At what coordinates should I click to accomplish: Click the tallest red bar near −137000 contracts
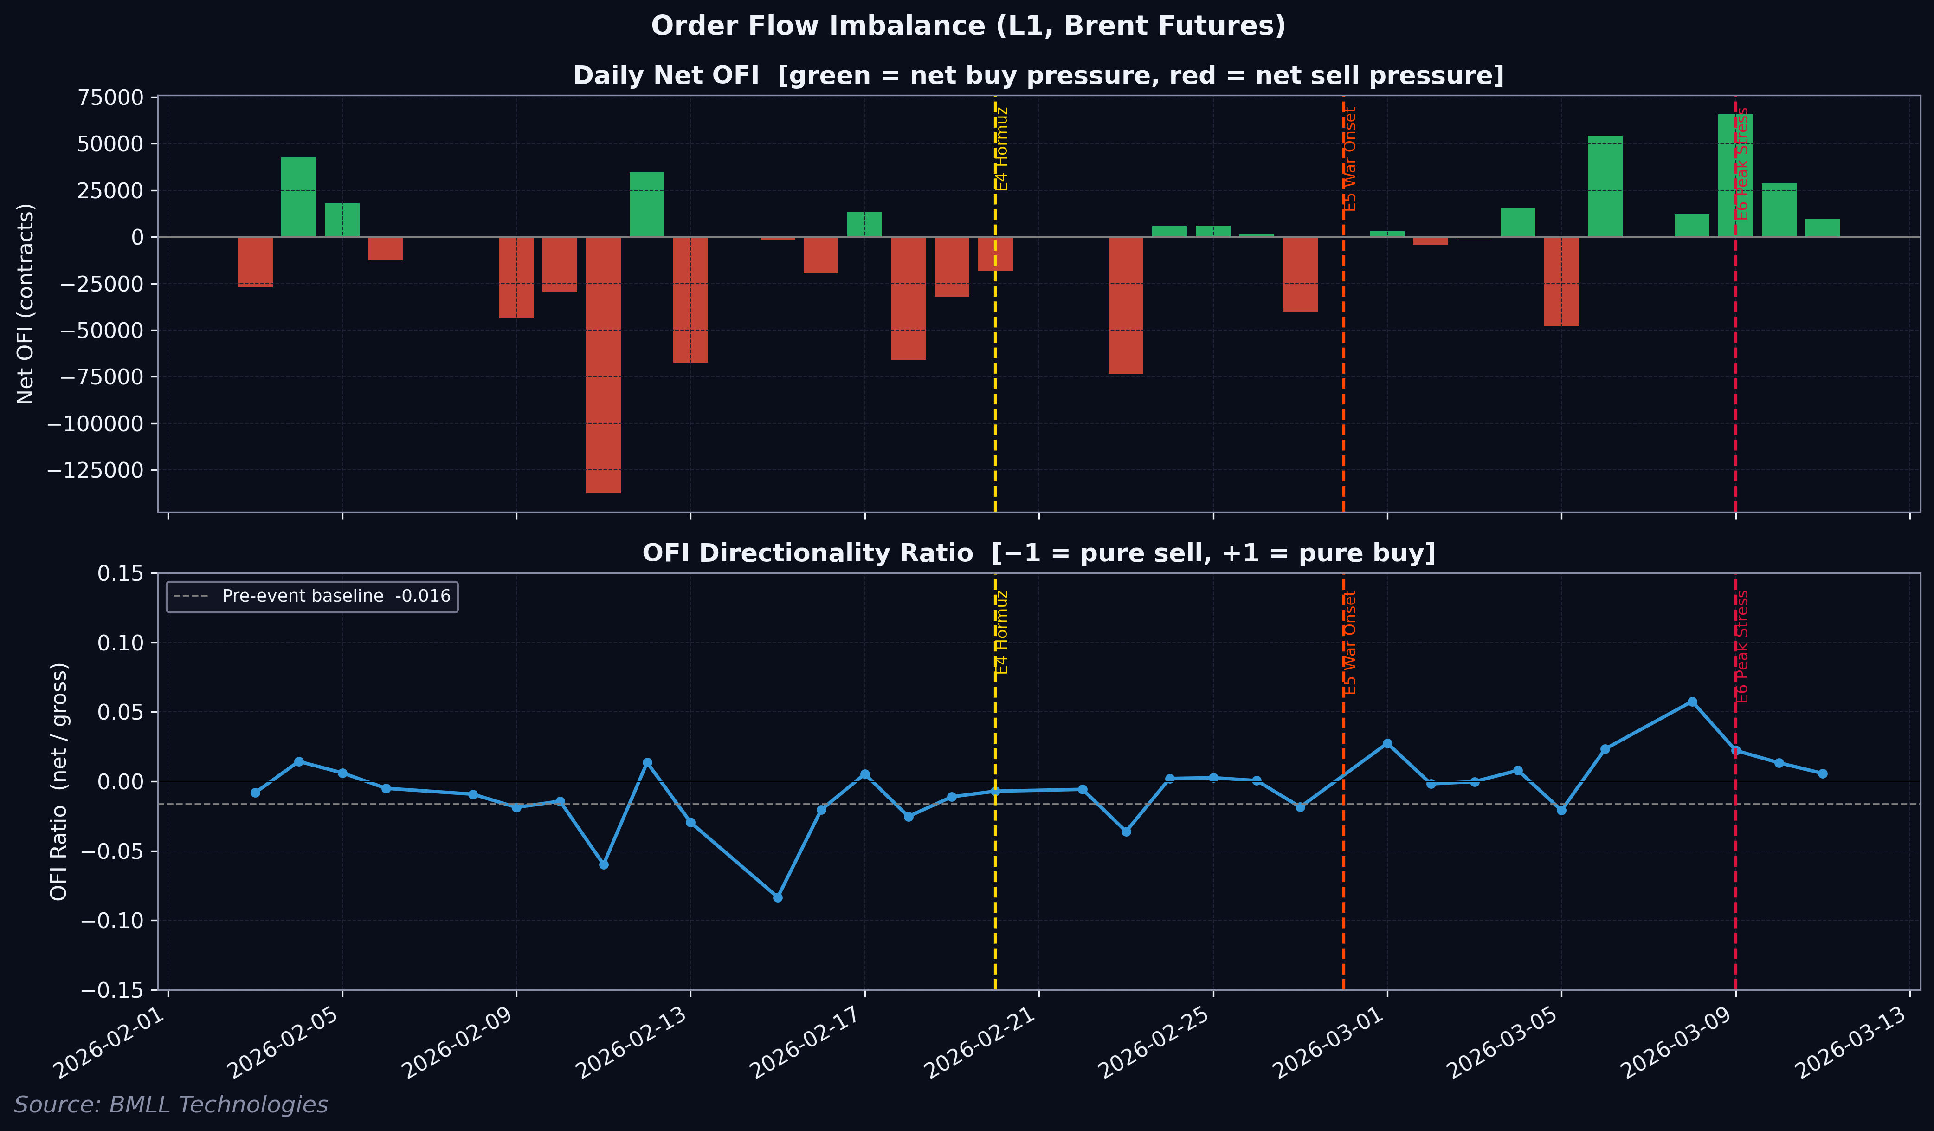pyautogui.click(x=603, y=365)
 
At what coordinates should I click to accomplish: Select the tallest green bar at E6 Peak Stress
pyautogui.click(x=1735, y=176)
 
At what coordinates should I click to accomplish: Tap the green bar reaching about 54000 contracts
pyautogui.click(x=1605, y=187)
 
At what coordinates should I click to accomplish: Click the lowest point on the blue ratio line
pyautogui.click(x=777, y=897)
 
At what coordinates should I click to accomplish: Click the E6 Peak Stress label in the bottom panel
pyautogui.click(x=1743, y=646)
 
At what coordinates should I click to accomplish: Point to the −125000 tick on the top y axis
pyautogui.click(x=95, y=470)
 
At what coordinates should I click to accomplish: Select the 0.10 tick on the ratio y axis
pyautogui.click(x=121, y=643)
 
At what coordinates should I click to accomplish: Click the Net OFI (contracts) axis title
pyautogui.click(x=26, y=304)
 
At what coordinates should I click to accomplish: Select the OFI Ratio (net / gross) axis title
pyautogui.click(x=59, y=782)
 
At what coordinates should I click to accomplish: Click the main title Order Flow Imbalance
pyautogui.click(x=968, y=26)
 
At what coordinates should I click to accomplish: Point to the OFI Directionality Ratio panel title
pyautogui.click(x=1038, y=553)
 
